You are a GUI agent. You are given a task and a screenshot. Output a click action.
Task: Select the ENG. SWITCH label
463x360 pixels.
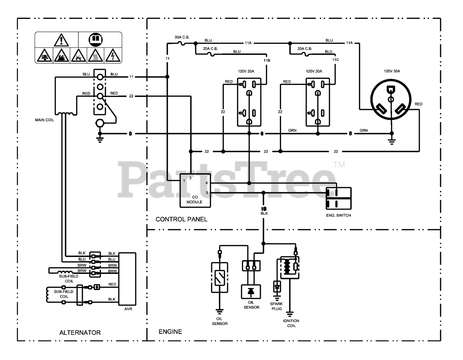(338, 215)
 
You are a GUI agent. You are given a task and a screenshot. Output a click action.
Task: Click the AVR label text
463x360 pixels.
(128, 309)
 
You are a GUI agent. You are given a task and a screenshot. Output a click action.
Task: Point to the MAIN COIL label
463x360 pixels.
(44, 120)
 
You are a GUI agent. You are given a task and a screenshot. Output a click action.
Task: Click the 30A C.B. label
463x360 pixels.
(182, 37)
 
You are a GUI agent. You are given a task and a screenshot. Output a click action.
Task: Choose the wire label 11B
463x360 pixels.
(267, 60)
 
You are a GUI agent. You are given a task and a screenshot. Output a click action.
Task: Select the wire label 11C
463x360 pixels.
(335, 60)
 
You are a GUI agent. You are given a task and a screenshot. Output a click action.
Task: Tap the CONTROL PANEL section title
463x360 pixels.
(181, 219)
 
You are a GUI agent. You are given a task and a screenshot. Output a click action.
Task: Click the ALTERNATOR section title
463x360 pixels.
(80, 333)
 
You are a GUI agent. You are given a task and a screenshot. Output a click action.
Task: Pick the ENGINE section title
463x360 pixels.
(170, 331)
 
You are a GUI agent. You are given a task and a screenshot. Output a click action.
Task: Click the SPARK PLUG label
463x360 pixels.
(276, 306)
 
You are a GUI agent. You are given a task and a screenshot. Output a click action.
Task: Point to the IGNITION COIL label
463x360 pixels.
(291, 323)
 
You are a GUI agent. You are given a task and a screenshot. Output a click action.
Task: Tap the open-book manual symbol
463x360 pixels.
(95, 40)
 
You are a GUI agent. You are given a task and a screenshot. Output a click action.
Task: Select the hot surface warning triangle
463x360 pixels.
(95, 55)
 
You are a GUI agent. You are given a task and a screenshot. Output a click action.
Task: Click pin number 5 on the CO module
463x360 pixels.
(207, 193)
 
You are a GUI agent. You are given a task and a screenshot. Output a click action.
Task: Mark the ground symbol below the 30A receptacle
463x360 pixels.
(392, 142)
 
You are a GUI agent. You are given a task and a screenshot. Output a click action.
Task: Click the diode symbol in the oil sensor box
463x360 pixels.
(251, 292)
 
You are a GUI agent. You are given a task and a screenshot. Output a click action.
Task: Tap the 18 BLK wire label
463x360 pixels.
(264, 211)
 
